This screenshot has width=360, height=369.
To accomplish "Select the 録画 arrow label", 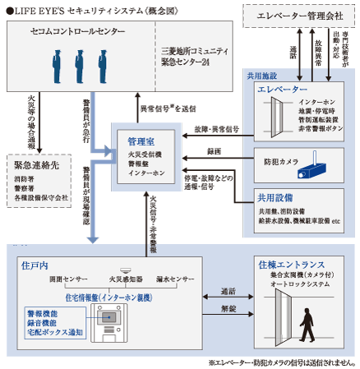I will pyautogui.click(x=214, y=153).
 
